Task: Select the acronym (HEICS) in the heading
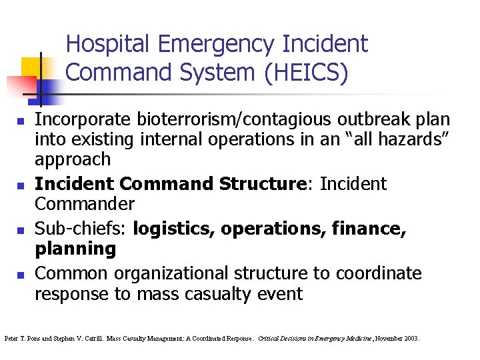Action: coord(306,73)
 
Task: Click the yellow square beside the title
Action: coord(32,67)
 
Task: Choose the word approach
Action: coord(73,159)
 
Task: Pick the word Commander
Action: coord(85,203)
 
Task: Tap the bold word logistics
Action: coord(174,229)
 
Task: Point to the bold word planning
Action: coord(75,249)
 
